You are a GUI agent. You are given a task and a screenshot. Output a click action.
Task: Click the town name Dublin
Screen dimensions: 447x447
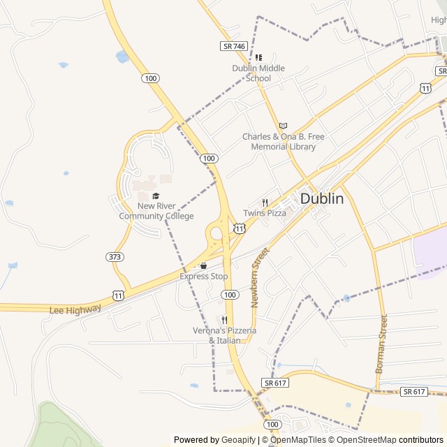pos(322,198)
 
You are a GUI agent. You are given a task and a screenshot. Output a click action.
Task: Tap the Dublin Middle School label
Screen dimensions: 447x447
pos(258,73)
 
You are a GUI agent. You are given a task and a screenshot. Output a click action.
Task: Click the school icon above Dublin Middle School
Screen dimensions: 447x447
pos(258,57)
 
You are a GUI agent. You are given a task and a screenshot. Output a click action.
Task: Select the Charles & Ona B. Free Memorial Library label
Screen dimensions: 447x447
pos(279,142)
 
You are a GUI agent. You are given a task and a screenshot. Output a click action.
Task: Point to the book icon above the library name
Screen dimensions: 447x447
pos(283,126)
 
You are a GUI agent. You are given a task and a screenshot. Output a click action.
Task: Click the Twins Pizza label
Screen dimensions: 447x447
pos(265,213)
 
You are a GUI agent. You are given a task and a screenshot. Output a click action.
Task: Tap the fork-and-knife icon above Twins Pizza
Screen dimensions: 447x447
pos(265,203)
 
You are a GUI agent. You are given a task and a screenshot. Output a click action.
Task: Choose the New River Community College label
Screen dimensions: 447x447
pos(156,211)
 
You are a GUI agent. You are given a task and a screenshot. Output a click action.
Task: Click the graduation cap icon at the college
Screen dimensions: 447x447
pos(156,196)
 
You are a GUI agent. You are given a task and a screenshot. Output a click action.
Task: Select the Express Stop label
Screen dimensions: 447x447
pos(204,277)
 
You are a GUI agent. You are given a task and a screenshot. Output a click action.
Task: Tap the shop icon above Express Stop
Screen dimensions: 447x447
pos(203,266)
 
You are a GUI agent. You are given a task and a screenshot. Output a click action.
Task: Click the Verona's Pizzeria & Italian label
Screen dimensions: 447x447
pos(225,335)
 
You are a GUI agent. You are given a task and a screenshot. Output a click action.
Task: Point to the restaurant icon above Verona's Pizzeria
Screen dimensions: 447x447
pos(224,320)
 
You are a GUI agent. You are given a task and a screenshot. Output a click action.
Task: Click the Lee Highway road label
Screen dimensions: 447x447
pos(75,308)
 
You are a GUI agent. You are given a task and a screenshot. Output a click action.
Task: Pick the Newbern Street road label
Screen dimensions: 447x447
pos(258,277)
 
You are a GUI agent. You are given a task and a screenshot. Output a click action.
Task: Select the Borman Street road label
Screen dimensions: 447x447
pos(382,344)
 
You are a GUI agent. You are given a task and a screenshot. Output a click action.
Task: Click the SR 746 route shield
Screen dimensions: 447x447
pos(234,46)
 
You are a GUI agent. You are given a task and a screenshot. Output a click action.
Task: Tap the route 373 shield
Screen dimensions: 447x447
pos(115,257)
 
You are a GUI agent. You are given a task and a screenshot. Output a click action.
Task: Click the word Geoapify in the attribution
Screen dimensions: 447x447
pos(238,440)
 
